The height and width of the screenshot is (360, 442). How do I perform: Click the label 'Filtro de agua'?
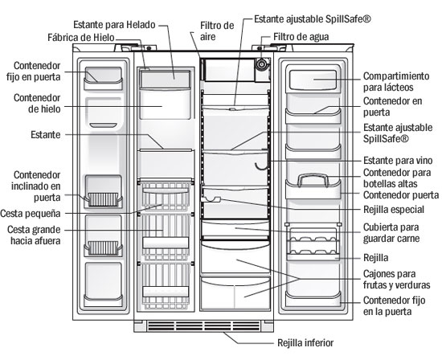pyautogui.click(x=301, y=37)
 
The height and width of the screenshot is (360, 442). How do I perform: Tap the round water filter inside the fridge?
pyautogui.click(x=261, y=64)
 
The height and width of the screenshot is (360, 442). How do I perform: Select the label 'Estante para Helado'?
pyautogui.click(x=114, y=25)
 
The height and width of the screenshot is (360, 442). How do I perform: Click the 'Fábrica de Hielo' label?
pyautogui.click(x=81, y=38)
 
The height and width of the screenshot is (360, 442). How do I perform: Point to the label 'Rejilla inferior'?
pyautogui.click(x=305, y=343)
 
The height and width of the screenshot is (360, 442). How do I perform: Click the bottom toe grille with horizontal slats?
pyautogui.click(x=204, y=325)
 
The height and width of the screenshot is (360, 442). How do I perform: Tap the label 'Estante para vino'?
pyautogui.click(x=398, y=161)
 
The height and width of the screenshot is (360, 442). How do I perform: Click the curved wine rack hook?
pyautogui.click(x=261, y=166)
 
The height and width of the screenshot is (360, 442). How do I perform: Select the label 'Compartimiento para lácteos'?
pyautogui.click(x=396, y=81)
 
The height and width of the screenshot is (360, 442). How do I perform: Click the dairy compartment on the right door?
pyautogui.click(x=313, y=80)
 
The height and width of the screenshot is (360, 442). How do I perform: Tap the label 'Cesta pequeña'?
pyautogui.click(x=31, y=214)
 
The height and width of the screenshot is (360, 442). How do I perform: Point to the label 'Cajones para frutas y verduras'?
pyautogui.click(x=396, y=279)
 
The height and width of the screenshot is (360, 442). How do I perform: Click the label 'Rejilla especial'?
pyautogui.click(x=394, y=210)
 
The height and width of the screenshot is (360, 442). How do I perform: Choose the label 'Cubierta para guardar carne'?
pyautogui.click(x=391, y=232)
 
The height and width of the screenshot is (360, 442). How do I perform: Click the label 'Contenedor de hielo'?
pyautogui.click(x=37, y=103)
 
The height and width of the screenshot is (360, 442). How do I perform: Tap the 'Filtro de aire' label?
pyautogui.click(x=217, y=31)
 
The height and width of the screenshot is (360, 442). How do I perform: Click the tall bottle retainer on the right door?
pyautogui.click(x=313, y=180)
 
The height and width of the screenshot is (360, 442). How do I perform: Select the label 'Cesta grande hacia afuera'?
pyautogui.click(x=34, y=235)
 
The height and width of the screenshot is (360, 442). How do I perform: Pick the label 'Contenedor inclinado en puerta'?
pyautogui.click(x=36, y=186)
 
